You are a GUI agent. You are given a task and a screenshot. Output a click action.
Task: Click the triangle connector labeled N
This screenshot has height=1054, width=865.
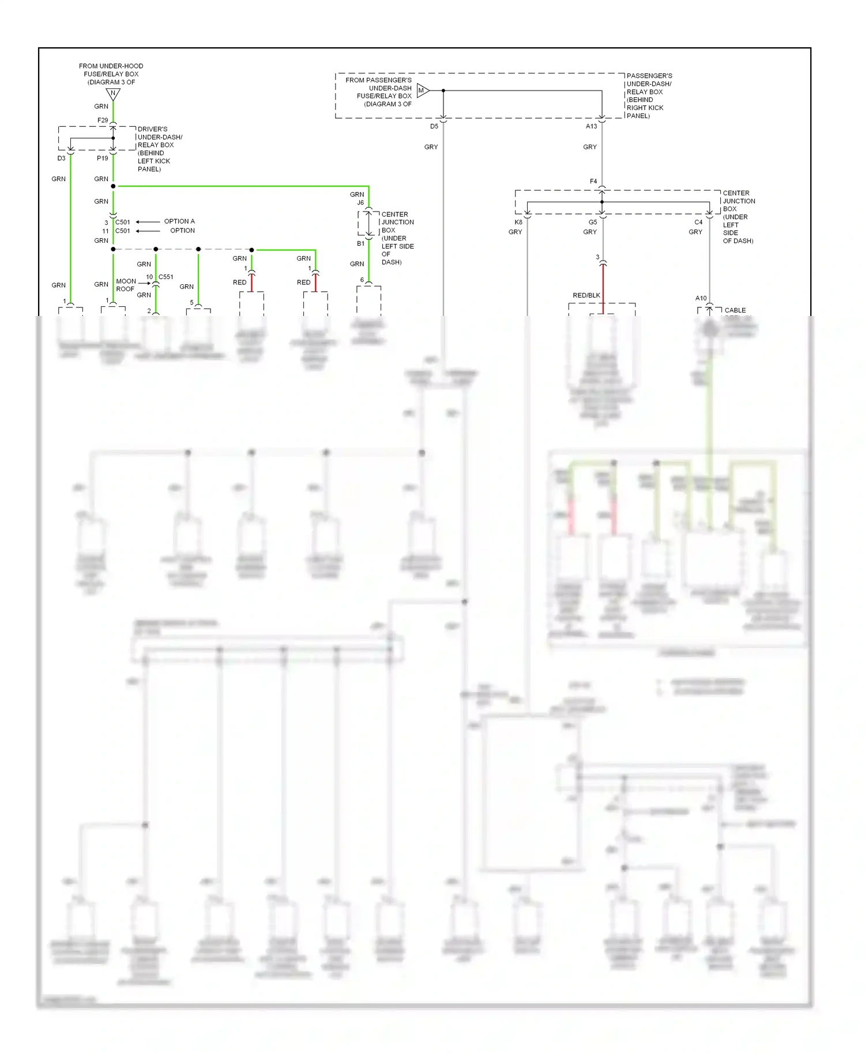click(x=113, y=93)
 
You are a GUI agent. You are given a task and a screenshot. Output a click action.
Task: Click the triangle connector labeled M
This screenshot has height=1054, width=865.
click(x=422, y=91)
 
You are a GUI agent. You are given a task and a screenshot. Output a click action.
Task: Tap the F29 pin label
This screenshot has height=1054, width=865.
click(x=103, y=120)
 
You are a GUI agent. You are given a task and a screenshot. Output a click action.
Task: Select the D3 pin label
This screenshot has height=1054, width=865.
click(x=61, y=158)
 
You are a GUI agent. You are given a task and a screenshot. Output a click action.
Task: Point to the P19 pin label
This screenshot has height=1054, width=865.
click(x=102, y=158)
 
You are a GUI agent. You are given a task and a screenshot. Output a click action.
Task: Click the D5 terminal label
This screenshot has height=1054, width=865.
click(x=434, y=126)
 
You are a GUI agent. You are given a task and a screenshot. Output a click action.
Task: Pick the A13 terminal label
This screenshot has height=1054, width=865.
click(x=592, y=126)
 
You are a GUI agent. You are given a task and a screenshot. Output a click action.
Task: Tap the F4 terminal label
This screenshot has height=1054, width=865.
click(x=593, y=181)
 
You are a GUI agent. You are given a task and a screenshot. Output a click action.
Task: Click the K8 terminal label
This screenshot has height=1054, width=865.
click(x=518, y=222)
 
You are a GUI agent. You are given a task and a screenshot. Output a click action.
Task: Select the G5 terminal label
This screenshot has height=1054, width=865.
click(x=593, y=222)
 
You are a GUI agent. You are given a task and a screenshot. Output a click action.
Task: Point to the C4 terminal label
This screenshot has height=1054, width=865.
click(x=698, y=222)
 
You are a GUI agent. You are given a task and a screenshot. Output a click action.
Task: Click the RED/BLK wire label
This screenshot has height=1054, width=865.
click(x=586, y=295)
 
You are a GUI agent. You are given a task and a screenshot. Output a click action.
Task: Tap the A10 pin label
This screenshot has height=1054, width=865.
click(x=701, y=298)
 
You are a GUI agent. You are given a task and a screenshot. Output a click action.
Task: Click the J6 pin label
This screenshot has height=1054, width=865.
click(x=360, y=202)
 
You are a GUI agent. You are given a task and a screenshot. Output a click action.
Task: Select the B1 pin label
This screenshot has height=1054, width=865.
click(x=360, y=243)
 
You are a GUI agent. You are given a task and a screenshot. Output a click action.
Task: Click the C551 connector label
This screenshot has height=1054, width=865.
click(x=166, y=277)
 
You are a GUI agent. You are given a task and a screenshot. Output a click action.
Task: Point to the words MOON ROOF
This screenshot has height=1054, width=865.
click(x=126, y=285)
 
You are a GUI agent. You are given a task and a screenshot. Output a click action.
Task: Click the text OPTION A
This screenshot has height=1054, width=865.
click(x=179, y=221)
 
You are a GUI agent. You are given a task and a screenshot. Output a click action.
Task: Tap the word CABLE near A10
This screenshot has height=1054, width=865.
click(x=735, y=310)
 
